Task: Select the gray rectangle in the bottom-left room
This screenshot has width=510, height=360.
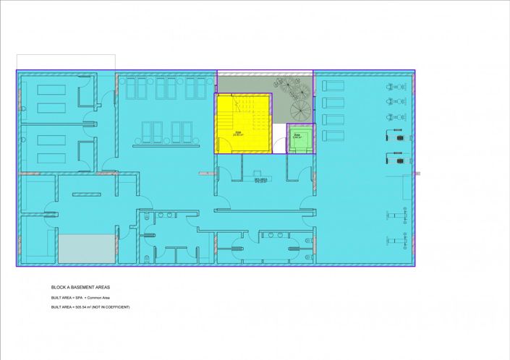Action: click(x=87, y=249)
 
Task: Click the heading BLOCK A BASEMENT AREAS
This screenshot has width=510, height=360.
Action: click(x=80, y=287)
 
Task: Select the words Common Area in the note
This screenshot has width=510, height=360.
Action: click(x=98, y=297)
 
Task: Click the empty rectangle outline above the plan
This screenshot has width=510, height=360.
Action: click(x=66, y=61)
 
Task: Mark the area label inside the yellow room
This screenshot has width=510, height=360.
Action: click(x=238, y=134)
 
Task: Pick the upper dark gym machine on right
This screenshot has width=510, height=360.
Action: click(x=396, y=134)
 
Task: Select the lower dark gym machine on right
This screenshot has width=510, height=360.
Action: click(x=396, y=155)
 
